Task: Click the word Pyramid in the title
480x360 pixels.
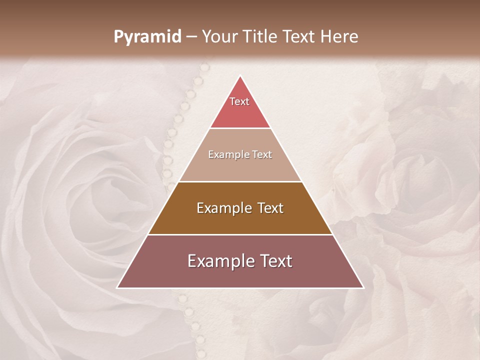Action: click(x=147, y=37)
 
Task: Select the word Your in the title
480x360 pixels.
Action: click(x=220, y=36)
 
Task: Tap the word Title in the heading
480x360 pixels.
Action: click(x=260, y=36)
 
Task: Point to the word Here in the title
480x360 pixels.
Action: click(x=339, y=36)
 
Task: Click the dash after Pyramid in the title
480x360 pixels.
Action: click(x=191, y=37)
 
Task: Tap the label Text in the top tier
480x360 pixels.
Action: click(x=239, y=101)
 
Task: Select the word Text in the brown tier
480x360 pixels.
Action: click(x=271, y=208)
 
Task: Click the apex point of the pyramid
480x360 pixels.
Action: click(x=240, y=76)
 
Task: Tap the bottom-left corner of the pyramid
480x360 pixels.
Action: click(x=117, y=287)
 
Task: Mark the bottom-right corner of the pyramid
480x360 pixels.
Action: click(x=363, y=287)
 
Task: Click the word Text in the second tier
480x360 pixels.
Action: click(x=262, y=154)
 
